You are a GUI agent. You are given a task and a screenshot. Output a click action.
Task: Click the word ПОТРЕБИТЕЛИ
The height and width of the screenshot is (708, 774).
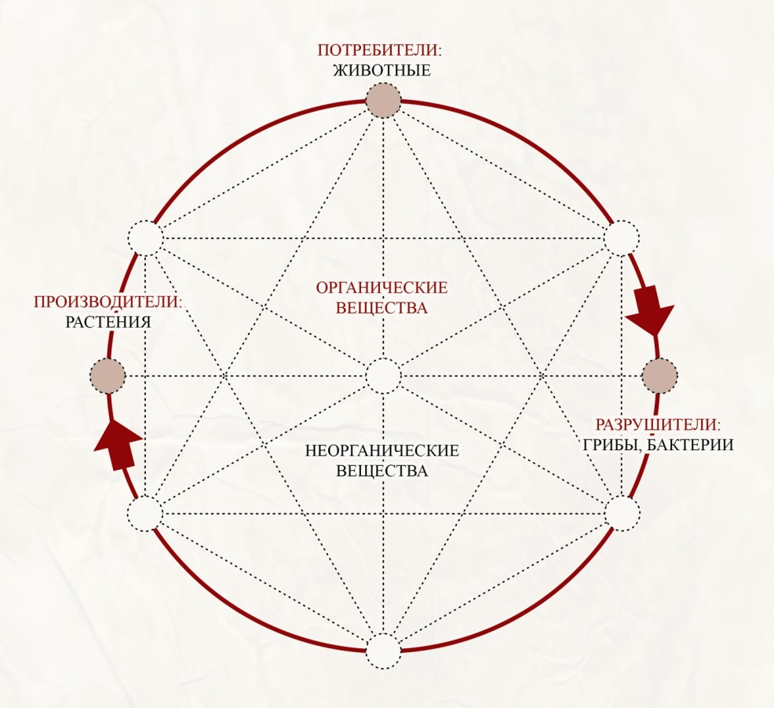point(378,50)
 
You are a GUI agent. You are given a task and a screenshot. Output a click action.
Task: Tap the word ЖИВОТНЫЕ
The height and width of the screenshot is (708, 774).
point(382,70)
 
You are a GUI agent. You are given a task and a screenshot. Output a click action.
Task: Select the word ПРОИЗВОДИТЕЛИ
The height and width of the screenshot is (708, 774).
point(107,302)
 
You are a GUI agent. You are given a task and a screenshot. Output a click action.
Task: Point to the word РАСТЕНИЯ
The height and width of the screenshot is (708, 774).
point(108,322)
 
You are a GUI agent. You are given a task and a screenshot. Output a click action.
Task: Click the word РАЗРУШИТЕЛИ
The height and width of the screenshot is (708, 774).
point(657,424)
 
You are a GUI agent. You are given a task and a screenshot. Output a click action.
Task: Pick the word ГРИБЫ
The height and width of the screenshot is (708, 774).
point(612,446)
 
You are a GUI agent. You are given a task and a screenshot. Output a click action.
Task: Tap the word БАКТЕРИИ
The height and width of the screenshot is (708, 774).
point(689,445)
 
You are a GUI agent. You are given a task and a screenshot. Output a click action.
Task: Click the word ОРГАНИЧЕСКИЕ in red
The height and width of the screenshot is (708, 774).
point(382,288)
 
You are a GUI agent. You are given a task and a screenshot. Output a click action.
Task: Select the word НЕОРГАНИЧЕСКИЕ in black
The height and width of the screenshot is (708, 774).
point(382,450)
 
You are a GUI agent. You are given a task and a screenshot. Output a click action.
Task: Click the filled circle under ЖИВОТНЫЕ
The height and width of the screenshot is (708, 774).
point(383,101)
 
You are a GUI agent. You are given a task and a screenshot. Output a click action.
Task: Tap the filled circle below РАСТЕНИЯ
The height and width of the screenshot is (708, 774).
point(108,376)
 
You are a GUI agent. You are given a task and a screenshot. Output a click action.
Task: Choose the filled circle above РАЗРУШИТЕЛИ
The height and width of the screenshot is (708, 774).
point(660,376)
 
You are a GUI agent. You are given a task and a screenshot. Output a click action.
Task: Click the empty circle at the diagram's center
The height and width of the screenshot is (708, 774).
point(383,376)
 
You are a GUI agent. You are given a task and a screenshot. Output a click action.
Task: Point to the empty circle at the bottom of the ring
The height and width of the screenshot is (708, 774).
point(383,651)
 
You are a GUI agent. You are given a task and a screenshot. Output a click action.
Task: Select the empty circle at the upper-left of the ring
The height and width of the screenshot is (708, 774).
point(145,237)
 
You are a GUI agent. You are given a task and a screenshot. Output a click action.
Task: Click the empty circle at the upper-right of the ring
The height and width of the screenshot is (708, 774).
point(622,238)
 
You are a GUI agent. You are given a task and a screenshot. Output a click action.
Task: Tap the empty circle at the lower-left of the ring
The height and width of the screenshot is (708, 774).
point(145,513)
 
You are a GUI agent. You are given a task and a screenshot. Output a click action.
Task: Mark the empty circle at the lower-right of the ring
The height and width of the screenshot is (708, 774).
point(622,513)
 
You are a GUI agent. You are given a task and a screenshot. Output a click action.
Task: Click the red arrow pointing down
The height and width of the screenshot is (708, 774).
point(650,310)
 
